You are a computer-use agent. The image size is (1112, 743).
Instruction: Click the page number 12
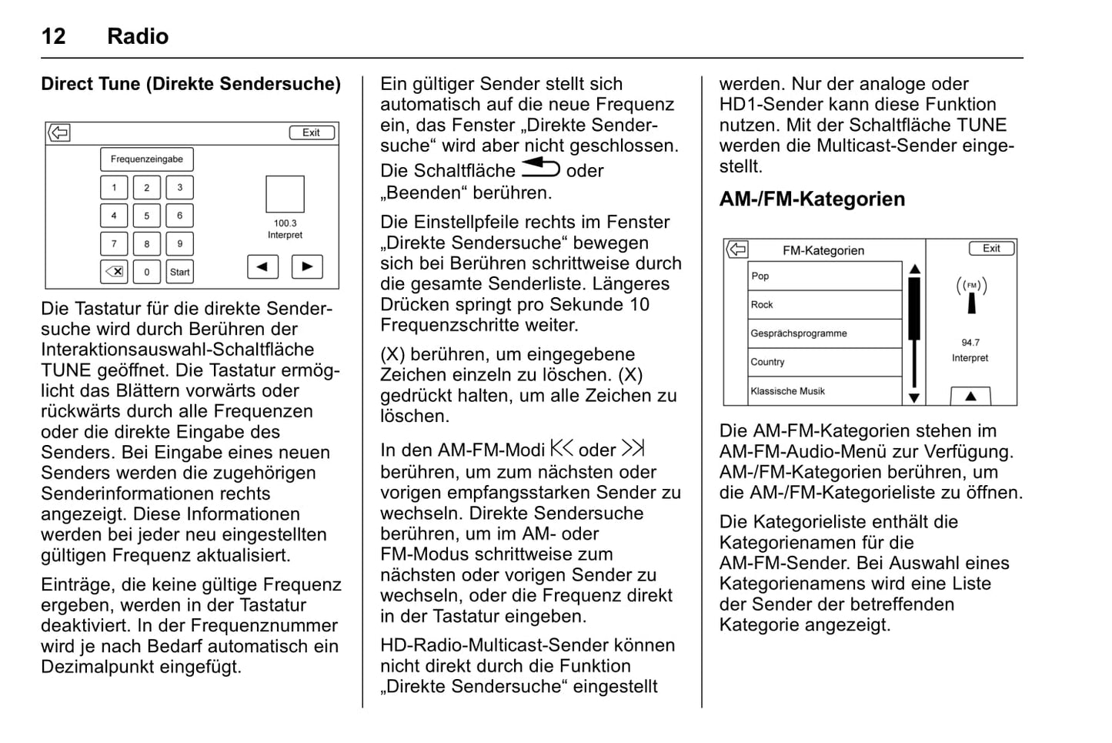[x=53, y=36]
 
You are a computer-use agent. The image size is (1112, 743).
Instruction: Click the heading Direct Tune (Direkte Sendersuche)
[x=191, y=84]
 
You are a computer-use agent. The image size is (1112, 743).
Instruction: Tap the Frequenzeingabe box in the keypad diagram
[x=147, y=159]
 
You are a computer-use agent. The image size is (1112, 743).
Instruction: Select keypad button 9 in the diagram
[x=180, y=244]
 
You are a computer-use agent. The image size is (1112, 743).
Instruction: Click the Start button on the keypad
[x=180, y=272]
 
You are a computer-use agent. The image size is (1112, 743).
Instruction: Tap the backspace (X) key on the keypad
[x=114, y=272]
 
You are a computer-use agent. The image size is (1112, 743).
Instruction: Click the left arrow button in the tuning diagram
[x=262, y=266]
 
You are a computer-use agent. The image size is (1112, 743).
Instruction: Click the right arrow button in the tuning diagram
[x=307, y=266]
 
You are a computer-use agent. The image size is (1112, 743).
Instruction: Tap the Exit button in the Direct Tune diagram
[x=312, y=132]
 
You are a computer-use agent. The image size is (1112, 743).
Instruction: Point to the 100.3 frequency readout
[x=285, y=223]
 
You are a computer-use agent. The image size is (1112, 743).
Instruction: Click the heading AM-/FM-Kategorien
[x=812, y=199]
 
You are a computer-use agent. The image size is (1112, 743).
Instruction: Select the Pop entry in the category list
[x=824, y=276]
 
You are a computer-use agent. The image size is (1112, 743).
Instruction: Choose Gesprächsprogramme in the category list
[x=824, y=333]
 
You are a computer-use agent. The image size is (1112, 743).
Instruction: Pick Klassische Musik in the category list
[x=824, y=391]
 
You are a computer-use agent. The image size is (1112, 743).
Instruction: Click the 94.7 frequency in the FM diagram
[x=970, y=343]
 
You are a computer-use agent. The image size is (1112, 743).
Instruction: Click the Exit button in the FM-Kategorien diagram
[x=991, y=248]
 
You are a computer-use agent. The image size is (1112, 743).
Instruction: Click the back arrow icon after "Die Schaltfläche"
[x=540, y=168]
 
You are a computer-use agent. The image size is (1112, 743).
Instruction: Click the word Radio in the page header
[x=138, y=36]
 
